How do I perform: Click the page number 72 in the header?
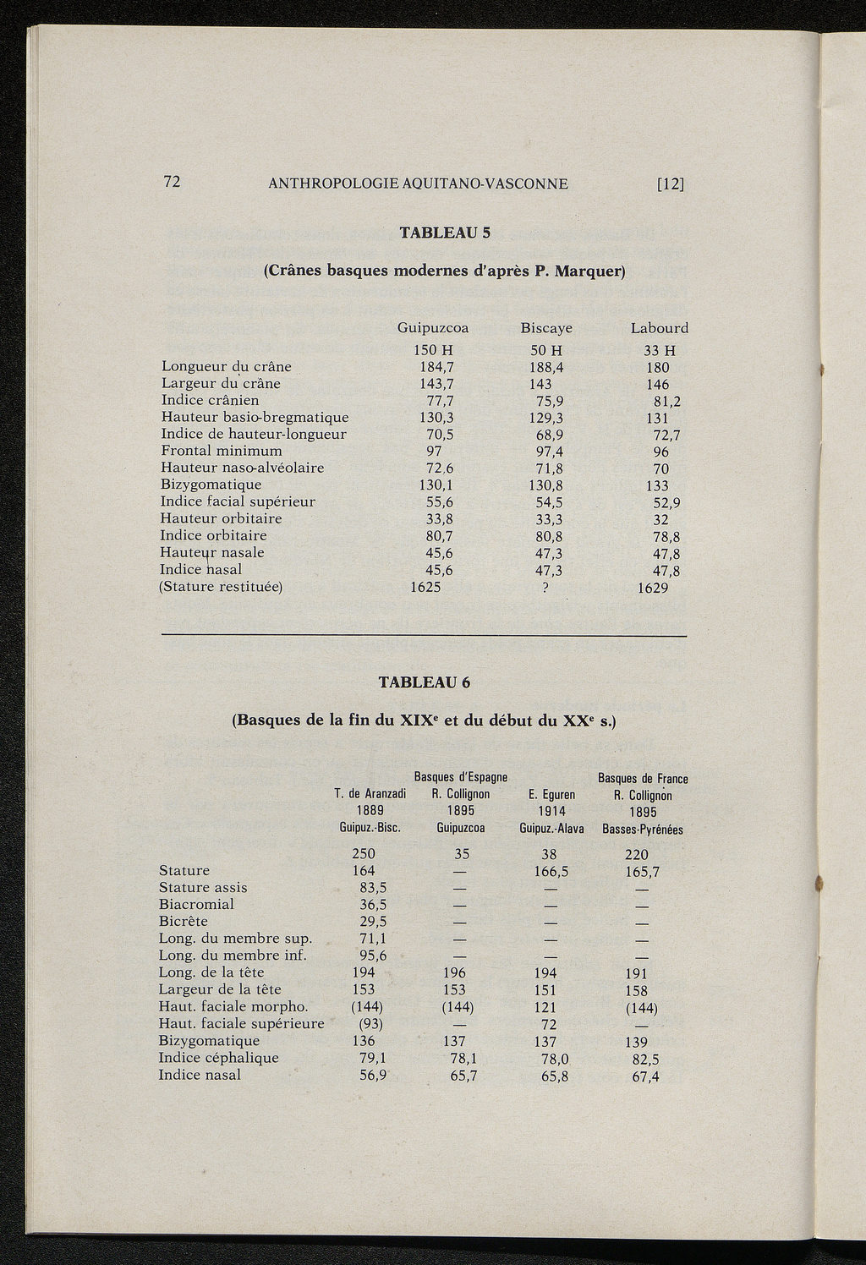173,182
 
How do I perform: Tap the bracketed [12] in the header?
670,183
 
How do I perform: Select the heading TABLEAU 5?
445,232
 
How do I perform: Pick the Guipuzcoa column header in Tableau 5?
433,328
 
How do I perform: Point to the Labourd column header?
660,328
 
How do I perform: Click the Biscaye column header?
546,328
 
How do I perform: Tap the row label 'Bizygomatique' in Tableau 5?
211,485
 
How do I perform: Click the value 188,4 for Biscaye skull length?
546,367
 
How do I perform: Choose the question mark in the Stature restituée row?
545,587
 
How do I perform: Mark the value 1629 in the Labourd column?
653,587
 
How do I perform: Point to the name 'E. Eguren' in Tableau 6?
551,795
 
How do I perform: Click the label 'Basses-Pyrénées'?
643,830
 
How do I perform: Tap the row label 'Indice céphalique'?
219,1058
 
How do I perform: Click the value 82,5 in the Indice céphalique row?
646,1059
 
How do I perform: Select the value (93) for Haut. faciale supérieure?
367,1024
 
